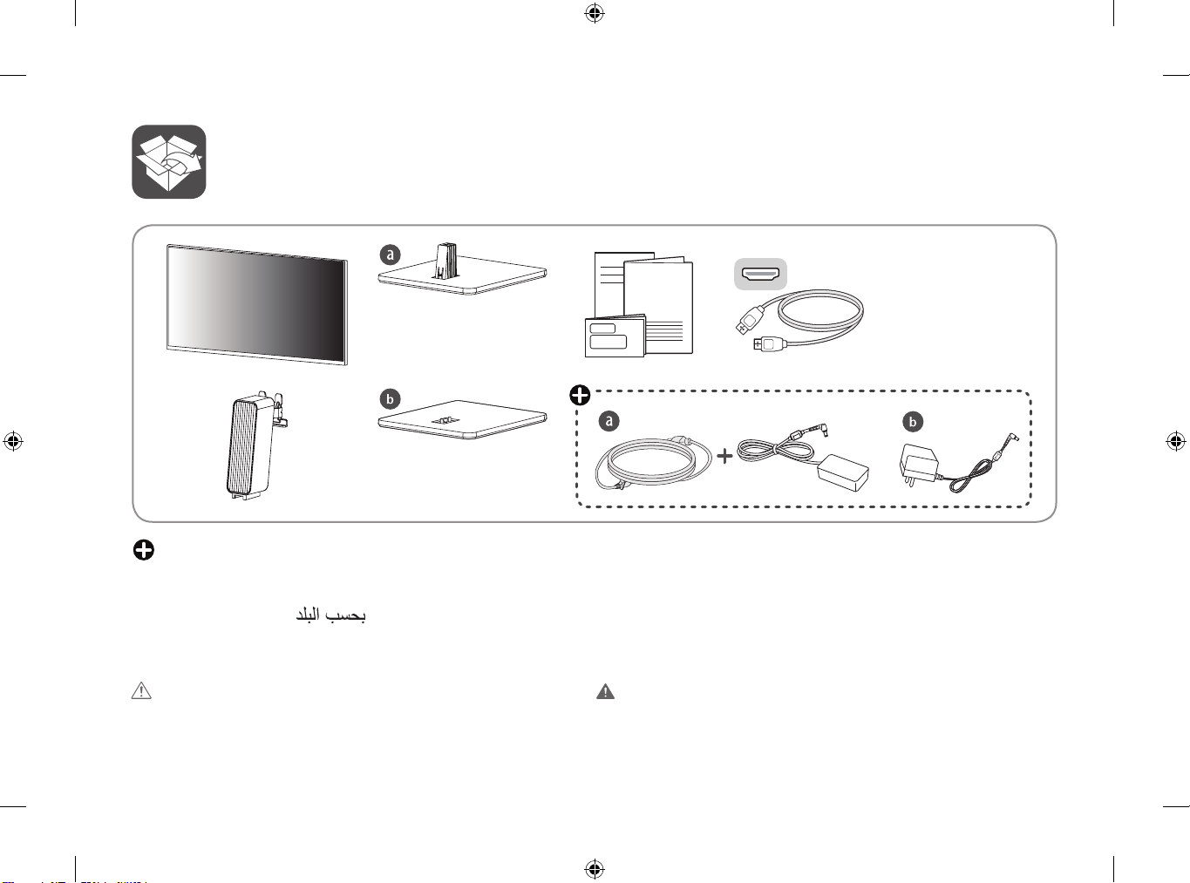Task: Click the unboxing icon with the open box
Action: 168,162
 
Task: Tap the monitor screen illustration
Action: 257,304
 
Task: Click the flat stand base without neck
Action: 462,420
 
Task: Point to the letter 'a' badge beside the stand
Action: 390,255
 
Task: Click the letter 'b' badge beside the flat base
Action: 390,399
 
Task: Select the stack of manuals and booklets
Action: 639,305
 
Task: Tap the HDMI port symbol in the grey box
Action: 760,274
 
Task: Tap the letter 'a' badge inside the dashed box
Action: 609,421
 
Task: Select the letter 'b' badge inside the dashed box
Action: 912,422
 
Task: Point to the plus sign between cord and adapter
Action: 724,455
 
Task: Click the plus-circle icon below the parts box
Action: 144,549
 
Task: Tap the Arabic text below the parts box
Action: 330,615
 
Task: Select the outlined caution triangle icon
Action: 141,691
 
